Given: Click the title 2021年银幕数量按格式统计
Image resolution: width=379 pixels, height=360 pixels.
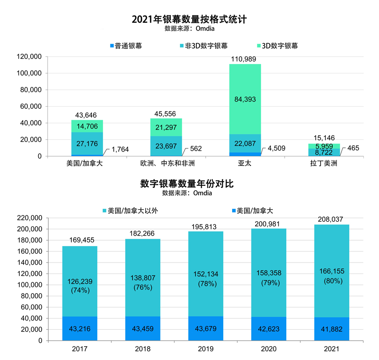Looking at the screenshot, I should [x=189, y=19].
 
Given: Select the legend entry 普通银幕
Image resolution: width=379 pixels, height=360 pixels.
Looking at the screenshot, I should [x=126, y=46].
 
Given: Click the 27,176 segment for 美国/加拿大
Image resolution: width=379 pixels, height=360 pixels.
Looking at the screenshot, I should [x=87, y=144].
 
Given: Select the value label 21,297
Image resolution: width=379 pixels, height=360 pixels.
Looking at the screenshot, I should [x=166, y=128].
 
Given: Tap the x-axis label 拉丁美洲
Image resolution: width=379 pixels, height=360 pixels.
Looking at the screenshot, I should [x=324, y=163].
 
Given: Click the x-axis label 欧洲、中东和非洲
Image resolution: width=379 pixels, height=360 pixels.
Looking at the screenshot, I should [x=166, y=163].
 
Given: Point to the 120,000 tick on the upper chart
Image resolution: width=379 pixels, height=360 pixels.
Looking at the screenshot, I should [x=29, y=57].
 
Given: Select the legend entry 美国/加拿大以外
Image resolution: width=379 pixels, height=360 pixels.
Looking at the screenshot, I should [x=129, y=211].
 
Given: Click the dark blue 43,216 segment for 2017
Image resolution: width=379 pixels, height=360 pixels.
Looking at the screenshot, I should [x=80, y=328].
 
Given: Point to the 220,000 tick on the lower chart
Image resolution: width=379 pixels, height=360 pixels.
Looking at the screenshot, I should [x=29, y=218].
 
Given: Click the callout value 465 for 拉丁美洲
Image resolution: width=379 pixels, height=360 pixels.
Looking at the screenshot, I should [x=353, y=148].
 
